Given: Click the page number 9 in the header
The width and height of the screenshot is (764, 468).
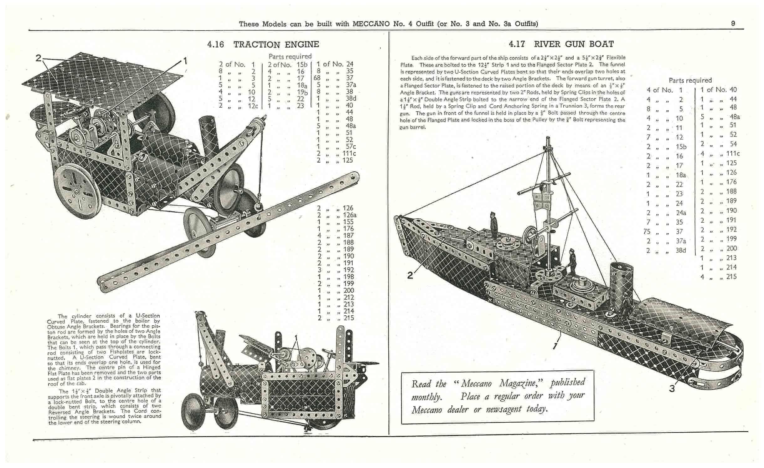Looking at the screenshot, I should click(x=733, y=23).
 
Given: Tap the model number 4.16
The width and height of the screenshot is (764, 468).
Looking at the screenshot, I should click(x=216, y=44).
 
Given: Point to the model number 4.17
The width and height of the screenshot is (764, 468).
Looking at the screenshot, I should click(x=517, y=44).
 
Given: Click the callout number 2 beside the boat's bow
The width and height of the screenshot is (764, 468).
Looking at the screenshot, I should click(x=410, y=275).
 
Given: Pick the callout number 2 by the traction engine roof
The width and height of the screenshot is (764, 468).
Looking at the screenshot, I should click(x=38, y=58).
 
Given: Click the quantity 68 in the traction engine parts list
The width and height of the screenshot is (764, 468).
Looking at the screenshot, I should click(x=317, y=78).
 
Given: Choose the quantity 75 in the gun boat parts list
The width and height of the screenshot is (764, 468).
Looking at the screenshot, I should click(x=647, y=232).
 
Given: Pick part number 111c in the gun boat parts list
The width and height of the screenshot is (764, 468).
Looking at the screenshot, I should click(x=733, y=154).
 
